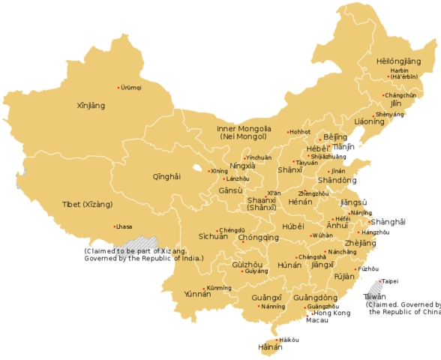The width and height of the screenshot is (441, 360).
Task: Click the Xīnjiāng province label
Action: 91,106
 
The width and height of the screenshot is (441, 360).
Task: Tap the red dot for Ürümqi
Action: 118,88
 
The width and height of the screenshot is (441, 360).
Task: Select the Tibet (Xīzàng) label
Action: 88,204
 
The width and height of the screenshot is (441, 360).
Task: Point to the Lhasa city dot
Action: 113,226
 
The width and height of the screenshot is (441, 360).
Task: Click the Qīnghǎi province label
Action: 166,177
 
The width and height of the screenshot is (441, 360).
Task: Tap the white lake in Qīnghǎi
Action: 197,168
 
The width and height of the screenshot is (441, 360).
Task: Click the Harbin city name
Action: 400,70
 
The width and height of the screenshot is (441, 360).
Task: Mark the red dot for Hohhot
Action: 288,133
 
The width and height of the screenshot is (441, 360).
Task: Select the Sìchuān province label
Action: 213,237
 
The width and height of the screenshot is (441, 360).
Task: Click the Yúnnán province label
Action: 197,295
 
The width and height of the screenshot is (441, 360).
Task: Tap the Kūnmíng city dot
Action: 204,288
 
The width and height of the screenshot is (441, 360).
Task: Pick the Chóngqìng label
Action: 259,238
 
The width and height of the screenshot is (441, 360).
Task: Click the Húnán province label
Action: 289,265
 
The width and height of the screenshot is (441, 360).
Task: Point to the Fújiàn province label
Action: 344,276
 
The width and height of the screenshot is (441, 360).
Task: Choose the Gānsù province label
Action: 230,190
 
